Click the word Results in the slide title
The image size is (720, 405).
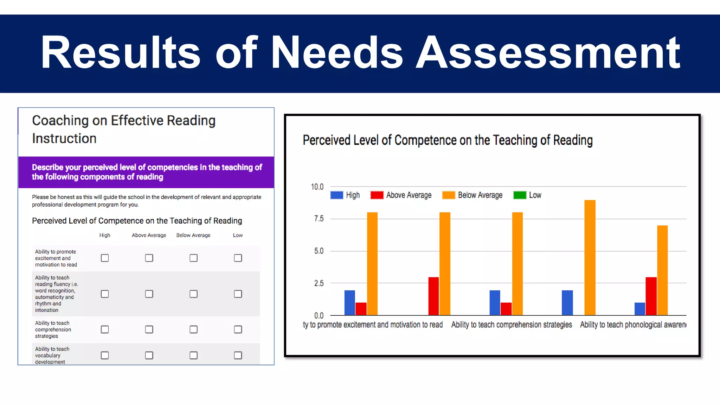point(120,53)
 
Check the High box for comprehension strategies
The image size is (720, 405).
point(105,329)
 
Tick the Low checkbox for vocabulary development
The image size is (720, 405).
point(238,355)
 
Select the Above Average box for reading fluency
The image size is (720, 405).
point(149,294)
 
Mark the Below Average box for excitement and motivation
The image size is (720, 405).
point(193,258)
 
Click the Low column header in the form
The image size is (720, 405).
point(238,235)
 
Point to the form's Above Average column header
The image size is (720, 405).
point(149,235)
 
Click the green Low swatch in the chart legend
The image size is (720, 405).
point(520,195)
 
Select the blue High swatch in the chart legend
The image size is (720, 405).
point(336,195)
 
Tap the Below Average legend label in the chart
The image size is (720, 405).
point(480,195)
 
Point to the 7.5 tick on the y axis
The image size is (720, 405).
point(319,219)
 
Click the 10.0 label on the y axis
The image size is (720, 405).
point(317,187)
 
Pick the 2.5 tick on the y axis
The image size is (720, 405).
point(319,283)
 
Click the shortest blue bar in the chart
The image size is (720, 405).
point(640,309)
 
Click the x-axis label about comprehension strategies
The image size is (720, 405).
point(512,324)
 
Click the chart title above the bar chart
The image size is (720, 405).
point(448,140)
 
